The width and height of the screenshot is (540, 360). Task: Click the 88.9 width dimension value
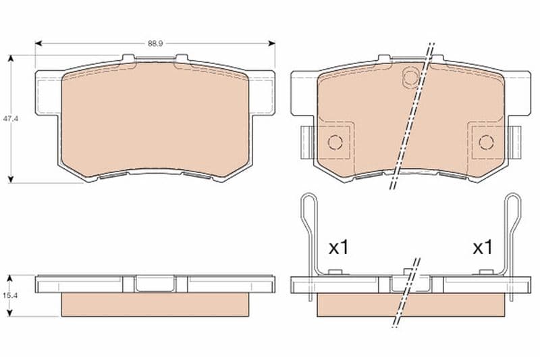point(155,43)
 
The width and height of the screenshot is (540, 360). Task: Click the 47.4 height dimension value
point(10,118)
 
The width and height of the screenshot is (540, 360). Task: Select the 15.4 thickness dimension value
point(10,295)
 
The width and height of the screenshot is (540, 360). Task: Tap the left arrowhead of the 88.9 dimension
point(38,43)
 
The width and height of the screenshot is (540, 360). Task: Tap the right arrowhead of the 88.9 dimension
point(272,43)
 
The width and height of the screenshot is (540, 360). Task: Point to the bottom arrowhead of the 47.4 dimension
point(11,179)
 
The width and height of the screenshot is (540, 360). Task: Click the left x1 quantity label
point(339,247)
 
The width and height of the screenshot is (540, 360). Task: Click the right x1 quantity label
point(483,247)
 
